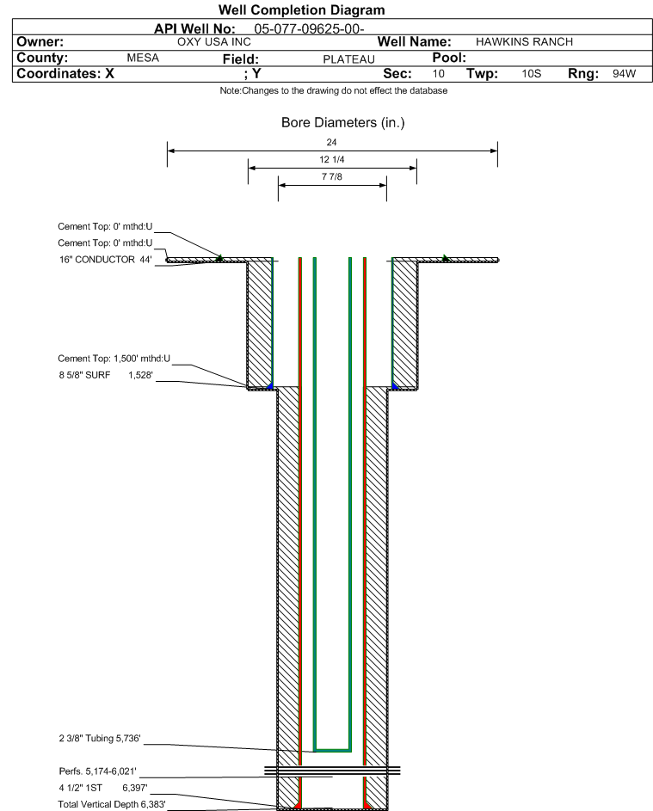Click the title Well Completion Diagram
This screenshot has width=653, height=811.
pos(302,9)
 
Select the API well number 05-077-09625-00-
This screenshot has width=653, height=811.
pos(310,29)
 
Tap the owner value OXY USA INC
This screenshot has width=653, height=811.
pos(214,42)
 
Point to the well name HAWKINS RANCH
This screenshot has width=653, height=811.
pos(524,42)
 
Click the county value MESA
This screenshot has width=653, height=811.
pos(143,58)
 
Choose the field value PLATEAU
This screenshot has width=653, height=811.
pos(348,59)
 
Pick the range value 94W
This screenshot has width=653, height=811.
pos(624,73)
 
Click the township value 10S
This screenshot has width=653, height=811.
pos(532,73)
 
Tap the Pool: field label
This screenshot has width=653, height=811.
pos(449,58)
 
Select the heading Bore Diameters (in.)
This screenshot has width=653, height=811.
pos(343,123)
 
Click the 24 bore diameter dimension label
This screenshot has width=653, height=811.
pos(332,142)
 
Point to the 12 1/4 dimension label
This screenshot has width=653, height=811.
pos(332,159)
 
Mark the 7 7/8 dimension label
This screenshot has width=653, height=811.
pos(332,177)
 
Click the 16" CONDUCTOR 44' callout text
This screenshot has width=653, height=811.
pos(106,260)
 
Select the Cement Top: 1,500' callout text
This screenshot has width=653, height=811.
pos(114,359)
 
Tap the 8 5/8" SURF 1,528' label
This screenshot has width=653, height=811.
pos(106,375)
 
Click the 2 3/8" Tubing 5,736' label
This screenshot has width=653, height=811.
pos(100,738)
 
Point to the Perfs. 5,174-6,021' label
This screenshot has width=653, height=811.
pos(98,771)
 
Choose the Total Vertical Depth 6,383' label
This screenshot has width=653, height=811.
pos(112,804)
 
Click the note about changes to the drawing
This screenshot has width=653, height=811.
pos(334,91)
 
